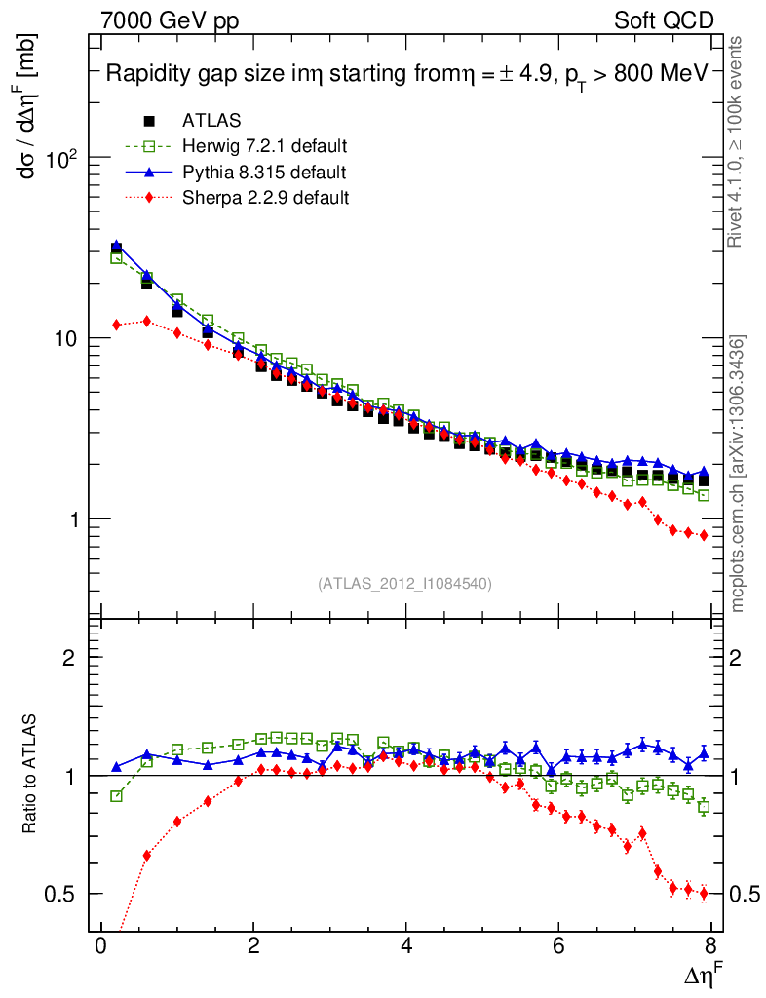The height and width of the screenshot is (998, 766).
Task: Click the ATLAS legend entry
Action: pos(211,121)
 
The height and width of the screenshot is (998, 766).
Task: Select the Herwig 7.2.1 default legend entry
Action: pos(264,146)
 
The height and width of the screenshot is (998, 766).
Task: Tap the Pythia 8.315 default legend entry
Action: pos(263,173)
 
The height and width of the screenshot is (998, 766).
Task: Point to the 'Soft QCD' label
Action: pos(664,20)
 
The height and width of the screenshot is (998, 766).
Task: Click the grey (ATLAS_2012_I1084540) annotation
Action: pos(404,584)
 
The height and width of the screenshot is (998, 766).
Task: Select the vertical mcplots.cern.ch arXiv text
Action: pos(740,473)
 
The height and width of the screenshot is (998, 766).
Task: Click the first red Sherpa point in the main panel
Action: pos(117,325)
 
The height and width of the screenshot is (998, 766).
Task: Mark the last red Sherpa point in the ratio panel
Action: pos(704,894)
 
